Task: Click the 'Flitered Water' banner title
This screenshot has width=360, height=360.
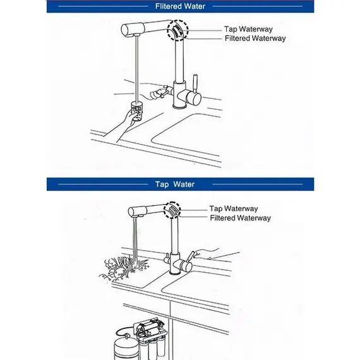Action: tap(180, 6)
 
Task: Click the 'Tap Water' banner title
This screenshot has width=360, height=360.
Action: tap(175, 184)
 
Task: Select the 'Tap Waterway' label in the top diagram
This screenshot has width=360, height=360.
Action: tap(248, 29)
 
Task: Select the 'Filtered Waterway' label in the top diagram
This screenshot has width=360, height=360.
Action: tap(255, 38)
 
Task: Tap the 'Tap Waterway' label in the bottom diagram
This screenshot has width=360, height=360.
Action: tap(234, 208)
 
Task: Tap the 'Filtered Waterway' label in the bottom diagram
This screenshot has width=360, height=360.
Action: tap(241, 218)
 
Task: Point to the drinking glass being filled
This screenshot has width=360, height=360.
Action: tap(137, 111)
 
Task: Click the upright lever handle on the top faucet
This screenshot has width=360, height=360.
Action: tap(195, 83)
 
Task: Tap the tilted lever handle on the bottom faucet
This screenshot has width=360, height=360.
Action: tap(190, 256)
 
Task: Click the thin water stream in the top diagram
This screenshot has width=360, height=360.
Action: tap(137, 68)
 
